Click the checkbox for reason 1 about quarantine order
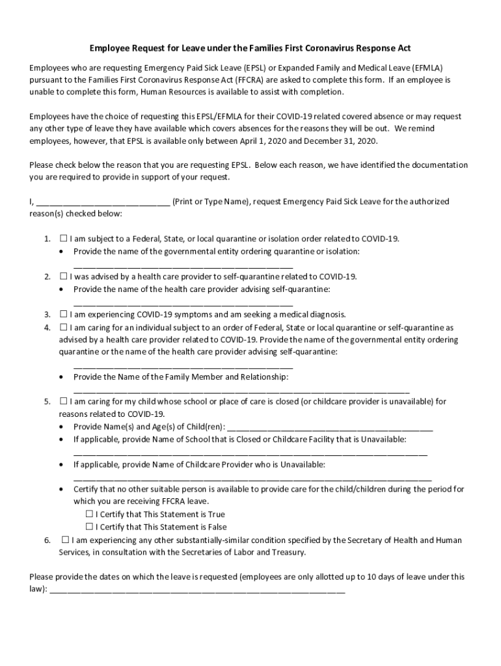pyautogui.click(x=64, y=239)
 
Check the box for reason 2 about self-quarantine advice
pyautogui.click(x=64, y=276)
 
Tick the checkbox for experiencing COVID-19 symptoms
pyautogui.click(x=64, y=314)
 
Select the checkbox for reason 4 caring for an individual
pyautogui.click(x=64, y=327)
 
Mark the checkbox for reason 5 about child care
pyautogui.click(x=64, y=402)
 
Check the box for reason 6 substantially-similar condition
pyautogui.click(x=65, y=540)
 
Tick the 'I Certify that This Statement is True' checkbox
pyautogui.click(x=90, y=514)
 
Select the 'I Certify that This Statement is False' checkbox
pyautogui.click(x=90, y=527)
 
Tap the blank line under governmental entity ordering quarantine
pyautogui.click(x=183, y=265)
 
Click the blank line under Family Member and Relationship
pyautogui.click(x=241, y=391)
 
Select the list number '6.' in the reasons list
pyautogui.click(x=47, y=540)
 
